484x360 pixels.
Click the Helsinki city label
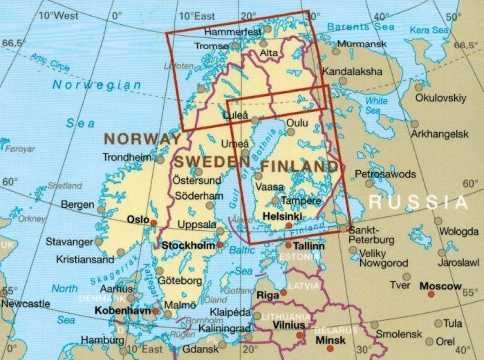point(283,216)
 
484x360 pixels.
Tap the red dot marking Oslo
point(154,222)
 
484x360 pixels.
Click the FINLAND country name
point(299,167)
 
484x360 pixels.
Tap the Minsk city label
point(330,341)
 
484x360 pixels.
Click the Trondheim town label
point(126,158)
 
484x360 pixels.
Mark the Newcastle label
point(24,303)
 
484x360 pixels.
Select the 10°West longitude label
point(58,15)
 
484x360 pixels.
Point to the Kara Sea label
point(429,30)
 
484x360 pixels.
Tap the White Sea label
point(377,105)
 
